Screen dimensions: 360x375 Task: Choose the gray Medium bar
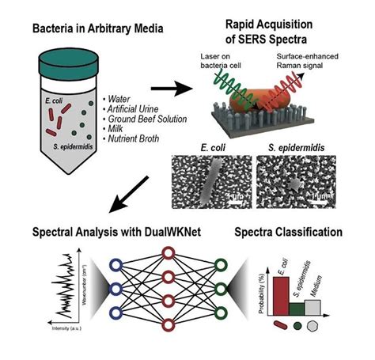click(330, 309)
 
